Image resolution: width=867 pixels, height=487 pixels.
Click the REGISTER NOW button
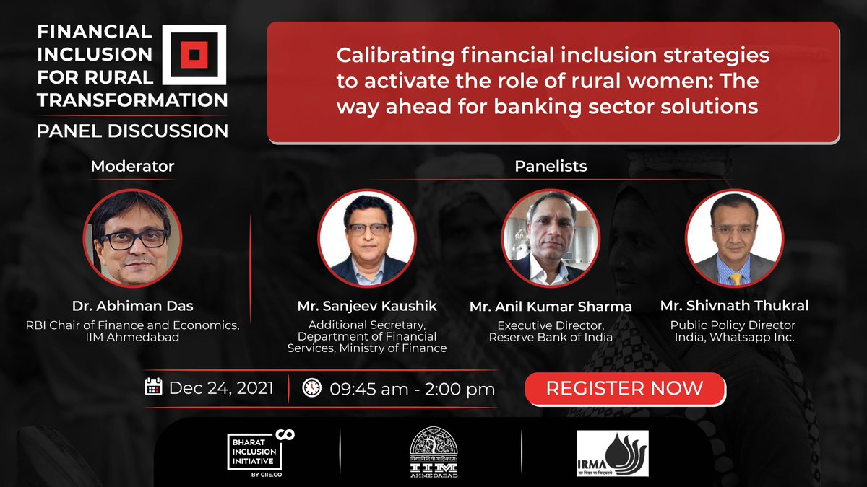(x=624, y=388)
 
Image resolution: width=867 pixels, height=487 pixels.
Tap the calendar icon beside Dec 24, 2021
(x=153, y=387)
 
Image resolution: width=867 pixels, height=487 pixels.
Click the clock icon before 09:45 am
(x=311, y=387)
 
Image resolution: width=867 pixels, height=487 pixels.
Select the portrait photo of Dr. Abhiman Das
(x=133, y=239)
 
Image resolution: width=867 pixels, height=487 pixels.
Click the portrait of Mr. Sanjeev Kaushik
(x=367, y=239)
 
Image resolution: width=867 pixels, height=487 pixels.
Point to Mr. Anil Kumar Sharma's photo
(x=551, y=239)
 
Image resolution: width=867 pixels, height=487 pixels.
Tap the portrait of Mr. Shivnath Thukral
(x=734, y=239)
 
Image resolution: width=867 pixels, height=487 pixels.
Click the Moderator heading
(x=132, y=166)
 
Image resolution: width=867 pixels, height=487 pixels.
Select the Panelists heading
(x=551, y=166)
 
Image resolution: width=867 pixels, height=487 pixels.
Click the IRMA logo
(x=612, y=453)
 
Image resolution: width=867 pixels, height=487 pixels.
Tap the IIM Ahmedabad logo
(x=433, y=452)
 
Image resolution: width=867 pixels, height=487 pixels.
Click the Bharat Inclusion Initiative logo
(x=259, y=452)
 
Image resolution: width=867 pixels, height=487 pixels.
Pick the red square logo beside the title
(x=194, y=54)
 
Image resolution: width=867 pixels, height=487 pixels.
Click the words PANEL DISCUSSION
(x=133, y=131)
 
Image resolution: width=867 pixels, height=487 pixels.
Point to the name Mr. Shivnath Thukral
(x=734, y=306)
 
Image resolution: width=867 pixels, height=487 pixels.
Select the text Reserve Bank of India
(x=551, y=337)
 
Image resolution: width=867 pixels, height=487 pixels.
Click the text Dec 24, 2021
(x=221, y=388)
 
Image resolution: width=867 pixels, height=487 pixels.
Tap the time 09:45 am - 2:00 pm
(x=412, y=389)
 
